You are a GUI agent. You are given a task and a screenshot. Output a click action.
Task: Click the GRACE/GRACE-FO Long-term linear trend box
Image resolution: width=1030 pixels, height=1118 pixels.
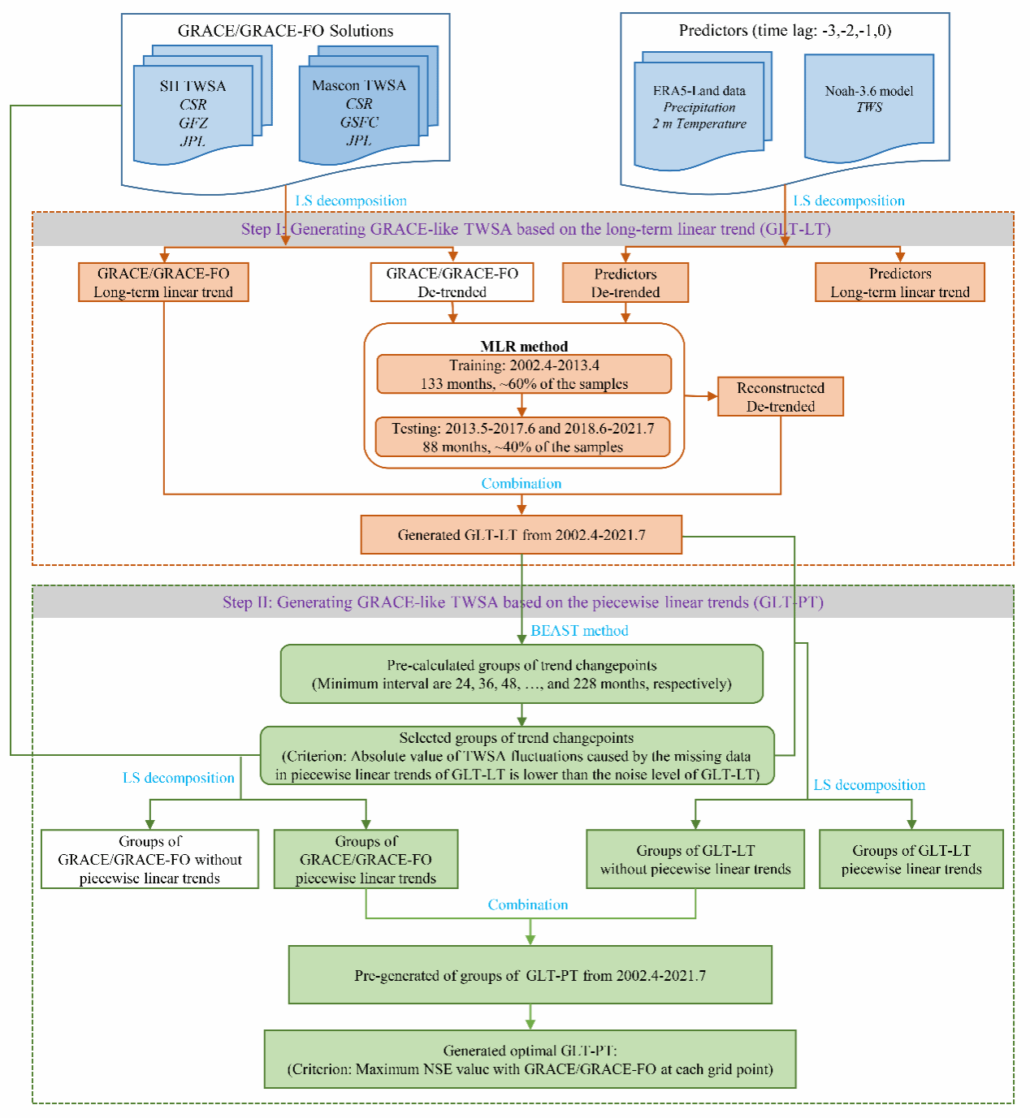(x=163, y=283)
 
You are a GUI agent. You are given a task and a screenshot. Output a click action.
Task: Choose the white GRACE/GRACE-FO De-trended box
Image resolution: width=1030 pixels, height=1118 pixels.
(x=452, y=283)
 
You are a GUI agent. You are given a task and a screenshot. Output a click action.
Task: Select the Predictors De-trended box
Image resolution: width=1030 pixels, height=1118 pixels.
(x=625, y=283)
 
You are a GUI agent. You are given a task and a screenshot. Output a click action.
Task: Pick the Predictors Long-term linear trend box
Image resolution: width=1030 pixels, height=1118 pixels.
(x=899, y=283)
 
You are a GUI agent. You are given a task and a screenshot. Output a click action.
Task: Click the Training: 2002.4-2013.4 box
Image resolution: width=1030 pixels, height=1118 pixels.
(x=524, y=374)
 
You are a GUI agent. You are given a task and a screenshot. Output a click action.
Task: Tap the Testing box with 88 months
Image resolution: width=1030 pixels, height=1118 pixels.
(x=522, y=438)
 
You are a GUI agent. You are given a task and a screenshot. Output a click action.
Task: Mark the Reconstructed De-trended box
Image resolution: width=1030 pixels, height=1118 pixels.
(x=780, y=397)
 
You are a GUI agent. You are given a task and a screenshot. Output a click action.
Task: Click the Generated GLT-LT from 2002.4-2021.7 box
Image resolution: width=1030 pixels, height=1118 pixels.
(x=521, y=535)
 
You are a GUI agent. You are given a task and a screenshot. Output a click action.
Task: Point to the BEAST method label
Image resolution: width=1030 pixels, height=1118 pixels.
(x=579, y=631)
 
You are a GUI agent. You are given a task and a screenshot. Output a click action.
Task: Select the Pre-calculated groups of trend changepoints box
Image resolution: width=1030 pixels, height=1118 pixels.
(x=521, y=674)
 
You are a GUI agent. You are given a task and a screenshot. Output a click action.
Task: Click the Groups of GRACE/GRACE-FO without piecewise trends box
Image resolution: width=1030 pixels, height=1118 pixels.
(x=149, y=859)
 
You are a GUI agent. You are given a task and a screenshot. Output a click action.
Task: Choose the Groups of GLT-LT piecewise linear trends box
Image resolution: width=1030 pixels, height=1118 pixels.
(x=911, y=859)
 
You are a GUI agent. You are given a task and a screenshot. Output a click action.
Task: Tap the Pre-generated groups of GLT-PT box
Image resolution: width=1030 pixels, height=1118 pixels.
(x=530, y=975)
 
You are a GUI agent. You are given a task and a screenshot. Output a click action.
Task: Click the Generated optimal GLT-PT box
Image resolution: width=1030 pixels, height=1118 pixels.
(x=530, y=1060)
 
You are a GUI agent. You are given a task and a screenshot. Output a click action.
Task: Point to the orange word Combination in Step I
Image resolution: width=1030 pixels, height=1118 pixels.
(x=521, y=484)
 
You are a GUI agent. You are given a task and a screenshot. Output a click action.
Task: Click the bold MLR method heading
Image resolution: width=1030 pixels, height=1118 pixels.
(x=524, y=347)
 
